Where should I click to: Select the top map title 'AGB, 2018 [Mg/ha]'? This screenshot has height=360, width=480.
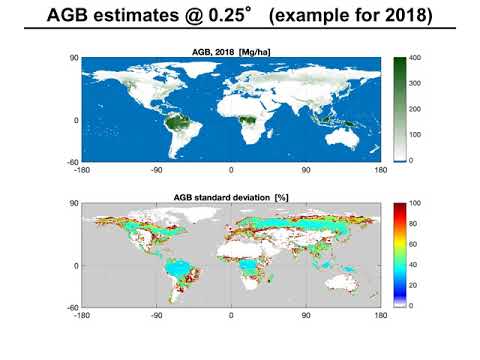(232, 51)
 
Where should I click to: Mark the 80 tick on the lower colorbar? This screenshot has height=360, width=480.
(415, 224)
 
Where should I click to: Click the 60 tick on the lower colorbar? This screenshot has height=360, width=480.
(415, 245)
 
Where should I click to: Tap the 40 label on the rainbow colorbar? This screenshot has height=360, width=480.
(415, 265)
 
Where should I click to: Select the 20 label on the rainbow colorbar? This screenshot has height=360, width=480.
(415, 285)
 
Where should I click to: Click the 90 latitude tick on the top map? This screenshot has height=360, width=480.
(73, 59)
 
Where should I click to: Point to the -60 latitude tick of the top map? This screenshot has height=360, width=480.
(71, 160)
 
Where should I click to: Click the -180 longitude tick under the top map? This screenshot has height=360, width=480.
(83, 169)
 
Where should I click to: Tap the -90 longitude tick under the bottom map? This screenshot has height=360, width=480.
(157, 314)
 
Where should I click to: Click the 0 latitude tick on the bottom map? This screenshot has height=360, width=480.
(75, 265)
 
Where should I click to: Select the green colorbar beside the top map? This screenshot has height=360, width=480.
(398, 109)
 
